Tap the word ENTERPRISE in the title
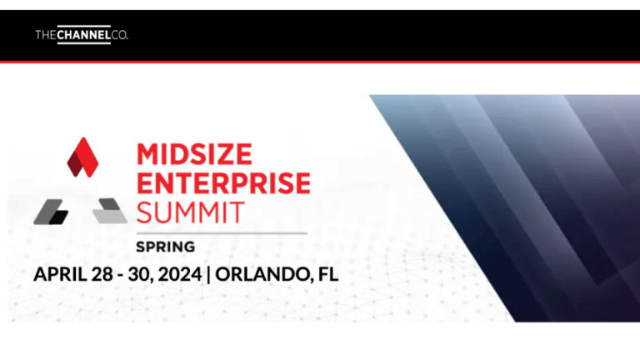coord(222,182)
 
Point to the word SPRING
coord(165,247)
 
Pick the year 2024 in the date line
coord(178,273)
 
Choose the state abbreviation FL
coord(327,273)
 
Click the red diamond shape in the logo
coord(82,157)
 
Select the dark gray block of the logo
coord(51,212)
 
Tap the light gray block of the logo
coord(109,212)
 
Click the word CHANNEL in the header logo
coord(83,35)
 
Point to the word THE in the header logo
coord(46,35)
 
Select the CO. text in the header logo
coord(119,35)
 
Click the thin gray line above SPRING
coord(221,232)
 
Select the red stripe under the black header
coord(320,62)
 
